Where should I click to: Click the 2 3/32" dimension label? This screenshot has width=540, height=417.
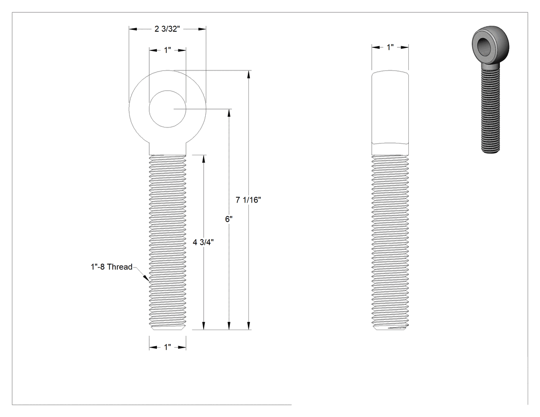(x=167, y=29)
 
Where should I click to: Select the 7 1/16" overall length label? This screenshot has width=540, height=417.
(x=248, y=200)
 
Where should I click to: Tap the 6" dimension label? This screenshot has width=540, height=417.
(x=229, y=219)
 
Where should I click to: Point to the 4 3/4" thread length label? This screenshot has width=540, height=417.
(x=203, y=242)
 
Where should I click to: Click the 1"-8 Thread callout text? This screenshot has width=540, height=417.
(x=112, y=267)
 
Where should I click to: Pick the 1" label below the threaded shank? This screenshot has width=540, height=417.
(x=167, y=347)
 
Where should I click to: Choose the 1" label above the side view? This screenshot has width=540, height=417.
(x=390, y=47)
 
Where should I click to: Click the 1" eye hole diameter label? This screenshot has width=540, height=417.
(x=167, y=50)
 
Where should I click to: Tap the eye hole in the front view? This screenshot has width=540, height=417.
(x=167, y=109)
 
